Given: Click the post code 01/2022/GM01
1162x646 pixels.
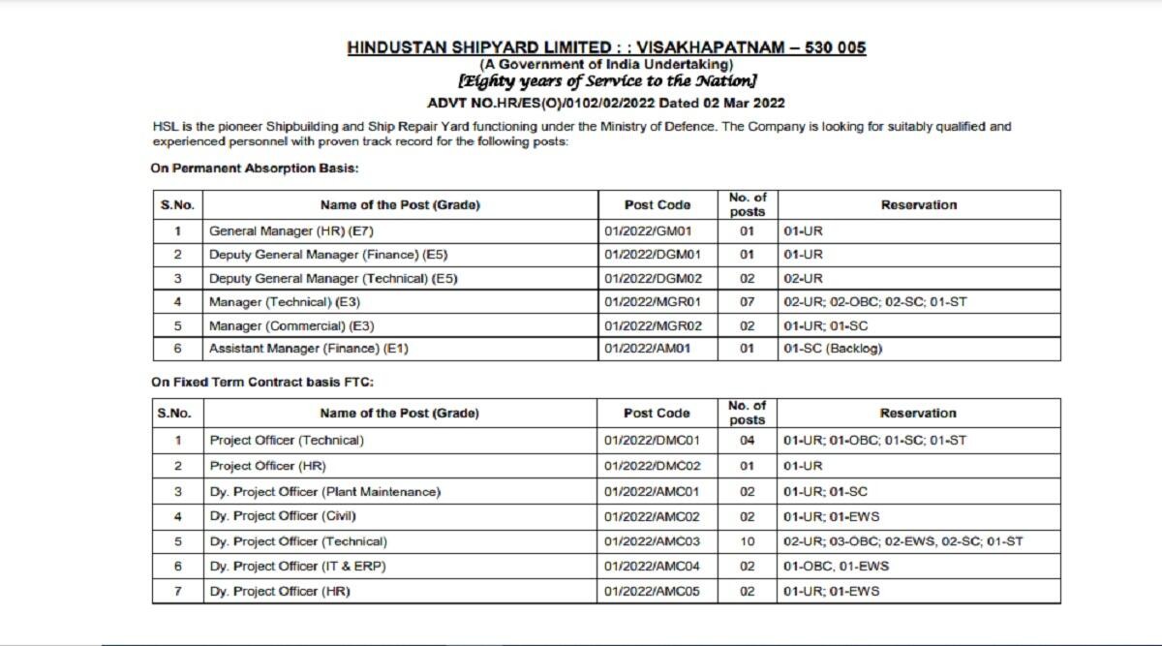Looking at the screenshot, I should pos(646,231).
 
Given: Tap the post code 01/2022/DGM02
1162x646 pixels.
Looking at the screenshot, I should pos(652,279).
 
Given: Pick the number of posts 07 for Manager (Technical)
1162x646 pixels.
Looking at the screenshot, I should pos(747,302).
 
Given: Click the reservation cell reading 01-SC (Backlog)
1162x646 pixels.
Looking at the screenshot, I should pos(833,349).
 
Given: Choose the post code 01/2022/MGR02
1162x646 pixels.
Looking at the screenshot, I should pos(653,325).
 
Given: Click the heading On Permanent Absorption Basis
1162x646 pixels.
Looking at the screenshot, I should pos(255,169).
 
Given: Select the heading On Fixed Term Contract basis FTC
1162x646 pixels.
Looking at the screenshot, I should pos(261,383).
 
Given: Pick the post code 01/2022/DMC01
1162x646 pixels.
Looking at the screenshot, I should pos(652,441).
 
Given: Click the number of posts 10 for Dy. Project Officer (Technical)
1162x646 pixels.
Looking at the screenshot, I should pos(747,541).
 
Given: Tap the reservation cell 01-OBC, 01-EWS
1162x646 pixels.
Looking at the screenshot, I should pos(836,566).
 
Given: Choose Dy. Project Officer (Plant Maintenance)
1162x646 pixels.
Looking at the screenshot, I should pos(324,492).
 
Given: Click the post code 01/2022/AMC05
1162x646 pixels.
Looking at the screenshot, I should pos(652,591).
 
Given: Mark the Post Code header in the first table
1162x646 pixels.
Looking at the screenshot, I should pos(657,205).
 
